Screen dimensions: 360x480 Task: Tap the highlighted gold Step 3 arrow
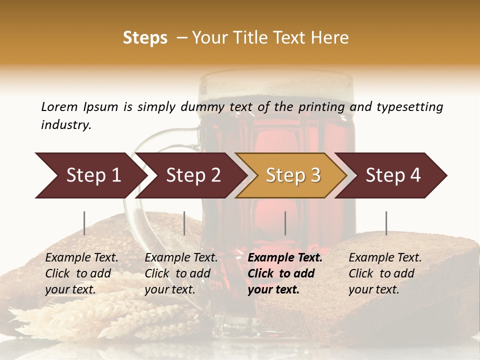click(291, 175)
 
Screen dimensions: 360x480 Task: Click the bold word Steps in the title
click(145, 38)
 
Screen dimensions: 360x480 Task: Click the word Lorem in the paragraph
click(59, 106)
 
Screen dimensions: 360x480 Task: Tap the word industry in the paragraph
click(65, 124)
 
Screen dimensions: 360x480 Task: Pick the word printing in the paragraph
click(321, 106)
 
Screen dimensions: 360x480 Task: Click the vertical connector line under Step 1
click(84, 223)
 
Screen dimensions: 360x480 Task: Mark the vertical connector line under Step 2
click(184, 223)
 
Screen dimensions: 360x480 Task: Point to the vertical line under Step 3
click(285, 223)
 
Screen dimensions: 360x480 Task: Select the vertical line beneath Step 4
click(386, 223)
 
